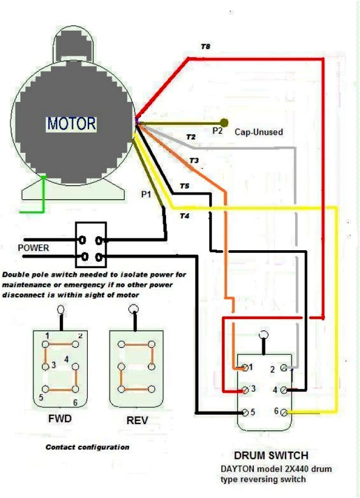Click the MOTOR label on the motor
point(71,123)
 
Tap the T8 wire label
point(206,46)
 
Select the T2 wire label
point(191,137)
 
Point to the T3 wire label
point(194,161)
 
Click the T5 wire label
point(184,186)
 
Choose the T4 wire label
point(184,215)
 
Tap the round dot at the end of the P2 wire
point(224,123)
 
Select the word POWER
point(34,247)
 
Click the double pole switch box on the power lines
point(91,245)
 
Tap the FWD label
point(60,418)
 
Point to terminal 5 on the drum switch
point(245,412)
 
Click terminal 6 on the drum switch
point(284,412)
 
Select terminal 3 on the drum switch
point(245,389)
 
